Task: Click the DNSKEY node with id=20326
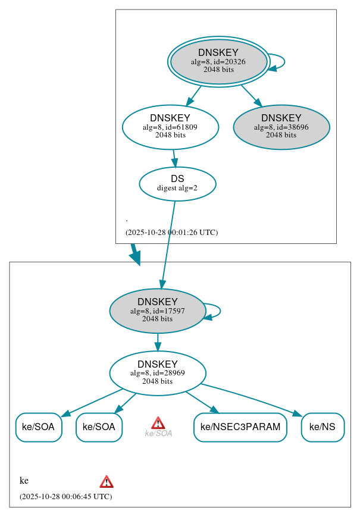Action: coord(218,61)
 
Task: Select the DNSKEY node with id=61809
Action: coord(170,127)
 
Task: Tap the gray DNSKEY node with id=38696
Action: coord(281,127)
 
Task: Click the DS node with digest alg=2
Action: coord(177,183)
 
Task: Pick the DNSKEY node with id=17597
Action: coord(158,311)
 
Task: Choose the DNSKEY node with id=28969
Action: coord(158,373)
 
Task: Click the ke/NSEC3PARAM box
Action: coord(240,427)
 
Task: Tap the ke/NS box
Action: coord(323,427)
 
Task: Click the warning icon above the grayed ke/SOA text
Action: coord(158,422)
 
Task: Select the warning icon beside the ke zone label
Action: coord(107,481)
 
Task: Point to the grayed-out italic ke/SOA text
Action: coord(158,434)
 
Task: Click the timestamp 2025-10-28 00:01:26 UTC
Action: coord(171,233)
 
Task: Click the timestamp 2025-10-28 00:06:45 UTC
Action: coord(65,496)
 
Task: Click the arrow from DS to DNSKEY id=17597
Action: coord(168,244)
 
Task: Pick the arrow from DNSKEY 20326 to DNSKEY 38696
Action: coord(251,95)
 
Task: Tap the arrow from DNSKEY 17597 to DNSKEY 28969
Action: coord(158,342)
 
